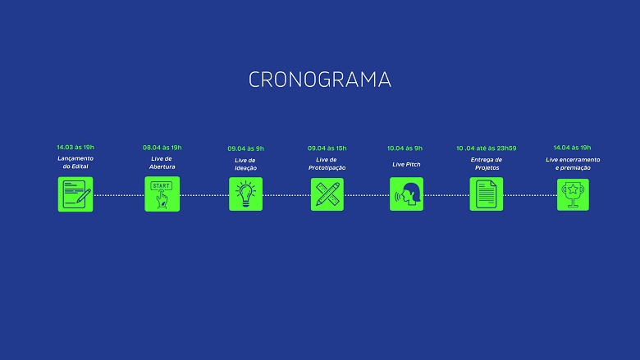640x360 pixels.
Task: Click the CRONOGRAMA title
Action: pyautogui.click(x=320, y=80)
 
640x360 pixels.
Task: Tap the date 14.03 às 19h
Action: pyautogui.click(x=75, y=147)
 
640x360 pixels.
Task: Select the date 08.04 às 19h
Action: pyautogui.click(x=162, y=148)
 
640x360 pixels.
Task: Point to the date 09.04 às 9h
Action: pyautogui.click(x=245, y=148)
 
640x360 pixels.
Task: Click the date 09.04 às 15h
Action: pyautogui.click(x=327, y=148)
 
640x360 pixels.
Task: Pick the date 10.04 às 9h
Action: pyautogui.click(x=405, y=148)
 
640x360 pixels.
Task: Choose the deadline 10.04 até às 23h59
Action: pyautogui.click(x=486, y=148)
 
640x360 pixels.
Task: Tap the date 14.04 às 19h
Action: pyautogui.click(x=572, y=148)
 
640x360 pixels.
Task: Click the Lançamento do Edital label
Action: pyautogui.click(x=75, y=162)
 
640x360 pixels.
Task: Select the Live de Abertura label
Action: pyautogui.click(x=162, y=162)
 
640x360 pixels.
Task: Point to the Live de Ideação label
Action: pyautogui.click(x=245, y=164)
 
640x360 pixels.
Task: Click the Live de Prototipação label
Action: pyautogui.click(x=327, y=163)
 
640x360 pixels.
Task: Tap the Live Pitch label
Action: pyautogui.click(x=406, y=164)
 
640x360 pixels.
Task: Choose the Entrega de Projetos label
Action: pyautogui.click(x=487, y=163)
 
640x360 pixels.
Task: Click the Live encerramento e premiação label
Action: pyautogui.click(x=573, y=163)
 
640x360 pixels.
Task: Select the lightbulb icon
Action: pyautogui.click(x=245, y=194)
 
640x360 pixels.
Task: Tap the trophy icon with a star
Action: pyautogui.click(x=573, y=194)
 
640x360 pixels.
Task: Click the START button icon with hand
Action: pyautogui.click(x=162, y=194)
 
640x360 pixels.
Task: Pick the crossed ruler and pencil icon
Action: pyautogui.click(x=327, y=194)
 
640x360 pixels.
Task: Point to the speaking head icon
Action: pyautogui.click(x=406, y=194)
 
